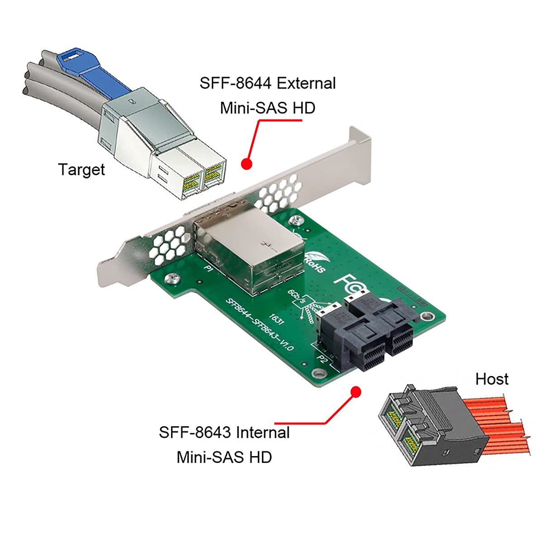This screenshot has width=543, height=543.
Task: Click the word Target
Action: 81,170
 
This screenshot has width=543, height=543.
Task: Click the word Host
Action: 491,379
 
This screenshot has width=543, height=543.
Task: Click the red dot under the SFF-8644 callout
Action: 246,164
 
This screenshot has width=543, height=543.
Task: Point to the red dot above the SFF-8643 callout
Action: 356,391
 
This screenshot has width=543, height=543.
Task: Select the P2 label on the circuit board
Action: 322,359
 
